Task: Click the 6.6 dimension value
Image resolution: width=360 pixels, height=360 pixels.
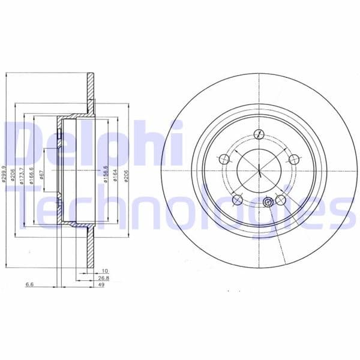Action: pos(28,286)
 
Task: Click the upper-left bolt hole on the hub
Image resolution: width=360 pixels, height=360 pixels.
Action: pos(224,159)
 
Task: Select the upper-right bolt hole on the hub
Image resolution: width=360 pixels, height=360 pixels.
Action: pos(293,159)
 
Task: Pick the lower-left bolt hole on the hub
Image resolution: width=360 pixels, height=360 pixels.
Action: pos(238,199)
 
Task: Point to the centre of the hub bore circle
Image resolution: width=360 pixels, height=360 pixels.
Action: pos(259,170)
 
